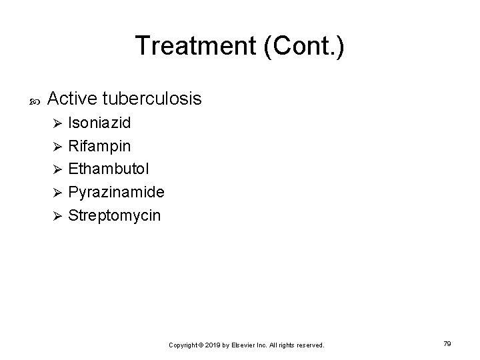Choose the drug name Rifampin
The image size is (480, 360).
tap(100, 146)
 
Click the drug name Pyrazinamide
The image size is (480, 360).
tap(117, 193)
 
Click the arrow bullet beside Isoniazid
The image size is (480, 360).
tap(57, 124)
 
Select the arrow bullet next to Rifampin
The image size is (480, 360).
tap(57, 147)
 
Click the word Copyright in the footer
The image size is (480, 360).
tap(183, 345)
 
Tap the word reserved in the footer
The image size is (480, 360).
tap(309, 345)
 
